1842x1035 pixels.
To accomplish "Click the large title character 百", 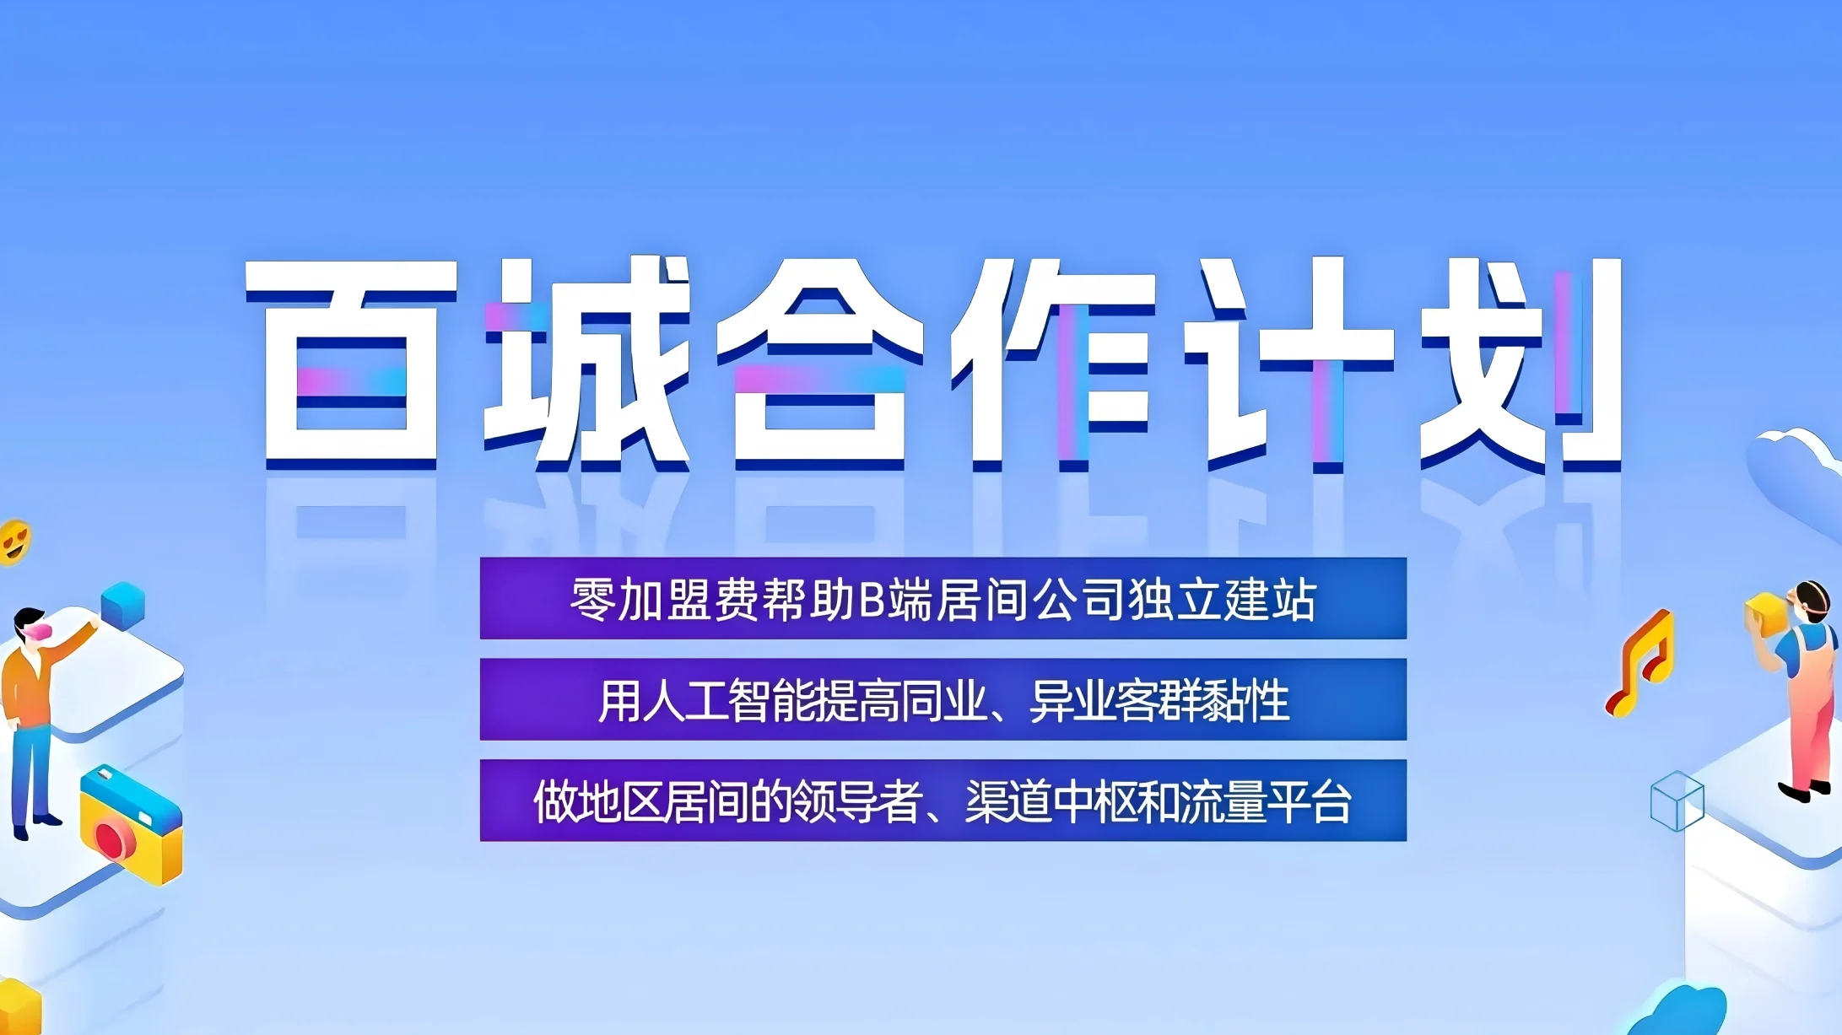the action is coord(351,363).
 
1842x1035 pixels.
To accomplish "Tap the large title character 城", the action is coord(587,363).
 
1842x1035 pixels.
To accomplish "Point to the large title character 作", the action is coord(1054,363).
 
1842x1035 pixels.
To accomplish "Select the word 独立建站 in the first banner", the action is coord(1223,601).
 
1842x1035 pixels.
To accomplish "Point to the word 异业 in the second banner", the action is coord(1070,700).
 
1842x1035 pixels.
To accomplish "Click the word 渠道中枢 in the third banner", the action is coord(1051,801).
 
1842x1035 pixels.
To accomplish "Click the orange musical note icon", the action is coord(1639,664).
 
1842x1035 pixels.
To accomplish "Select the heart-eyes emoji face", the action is coord(14,541).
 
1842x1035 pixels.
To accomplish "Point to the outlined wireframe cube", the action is coord(1677,801).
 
